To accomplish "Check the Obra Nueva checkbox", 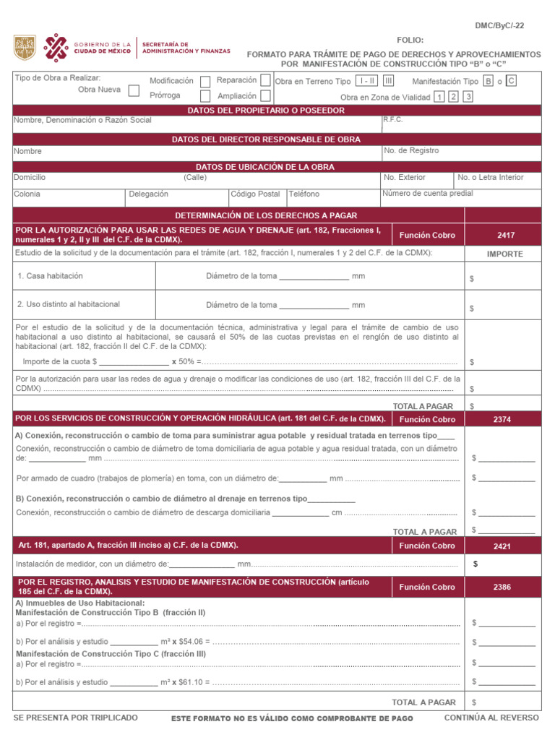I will pyautogui.click(x=134, y=90).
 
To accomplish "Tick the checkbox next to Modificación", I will pyautogui.click(x=205, y=81).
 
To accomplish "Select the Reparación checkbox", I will pyautogui.click(x=266, y=80).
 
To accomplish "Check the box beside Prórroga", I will pyautogui.click(x=205, y=95).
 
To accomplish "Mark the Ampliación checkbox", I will pyautogui.click(x=266, y=95).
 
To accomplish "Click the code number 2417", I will pyautogui.click(x=506, y=235).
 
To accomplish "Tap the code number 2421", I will pyautogui.click(x=502, y=546).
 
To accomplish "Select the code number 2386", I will pyautogui.click(x=502, y=587).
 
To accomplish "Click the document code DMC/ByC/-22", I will pyautogui.click(x=499, y=25).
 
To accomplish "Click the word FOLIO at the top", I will pyautogui.click(x=410, y=40).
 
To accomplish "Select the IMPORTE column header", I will pyautogui.click(x=505, y=254).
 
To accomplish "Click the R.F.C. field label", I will pyautogui.click(x=393, y=119).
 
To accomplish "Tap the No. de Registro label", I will pyautogui.click(x=411, y=151).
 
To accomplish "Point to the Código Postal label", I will pyautogui.click(x=255, y=194).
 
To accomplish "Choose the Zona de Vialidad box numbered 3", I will pyautogui.click(x=468, y=96).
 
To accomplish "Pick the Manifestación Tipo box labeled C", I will pyautogui.click(x=511, y=81).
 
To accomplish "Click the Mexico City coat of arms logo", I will pyautogui.click(x=25, y=48).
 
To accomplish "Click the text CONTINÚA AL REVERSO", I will pyautogui.click(x=491, y=718).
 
